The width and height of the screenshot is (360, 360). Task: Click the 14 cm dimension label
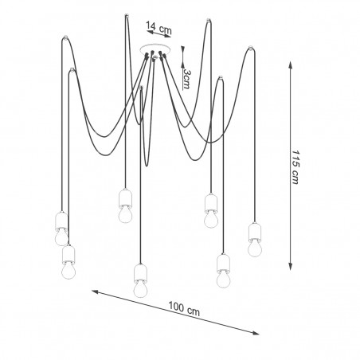pyautogui.click(x=158, y=28)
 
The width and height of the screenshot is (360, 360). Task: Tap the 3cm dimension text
pyautogui.click(x=187, y=79)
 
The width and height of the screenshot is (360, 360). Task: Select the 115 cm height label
pyautogui.click(x=295, y=167)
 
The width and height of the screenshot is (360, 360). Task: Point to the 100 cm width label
pyautogui.click(x=184, y=309)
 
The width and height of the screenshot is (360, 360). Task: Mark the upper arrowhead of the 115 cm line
pyautogui.click(x=291, y=65)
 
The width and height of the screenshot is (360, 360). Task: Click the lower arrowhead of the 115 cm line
pyautogui.click(x=291, y=266)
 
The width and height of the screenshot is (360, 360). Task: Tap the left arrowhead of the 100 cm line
pyautogui.click(x=96, y=292)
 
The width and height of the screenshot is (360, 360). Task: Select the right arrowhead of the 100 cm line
pyautogui.click(x=256, y=333)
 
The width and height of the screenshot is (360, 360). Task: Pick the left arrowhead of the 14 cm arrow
pyautogui.click(x=151, y=32)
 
